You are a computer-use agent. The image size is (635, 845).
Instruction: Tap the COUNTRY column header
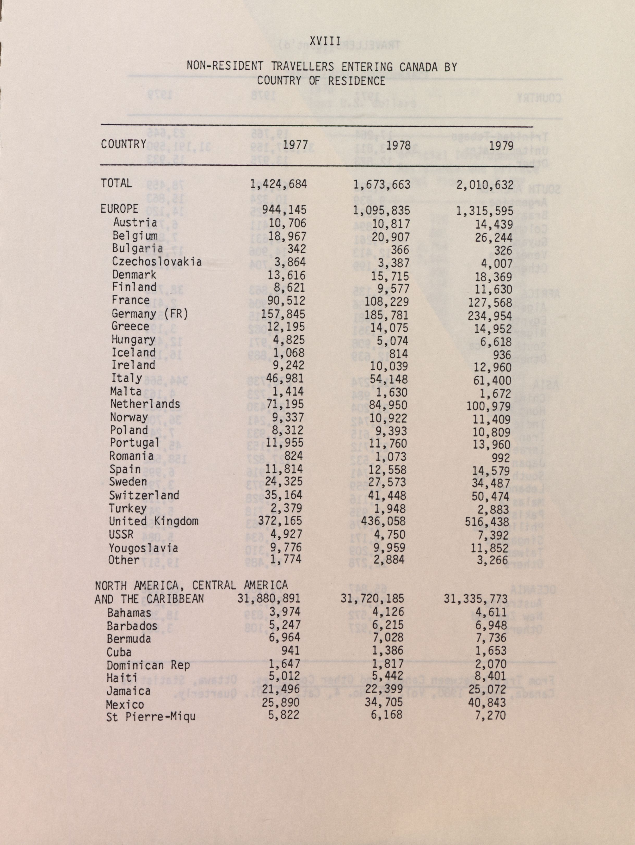(x=124, y=144)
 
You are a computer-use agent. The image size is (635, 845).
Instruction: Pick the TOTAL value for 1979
(x=485, y=185)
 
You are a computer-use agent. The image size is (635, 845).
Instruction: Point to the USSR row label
(x=121, y=534)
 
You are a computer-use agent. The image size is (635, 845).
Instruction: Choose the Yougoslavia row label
(x=143, y=548)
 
